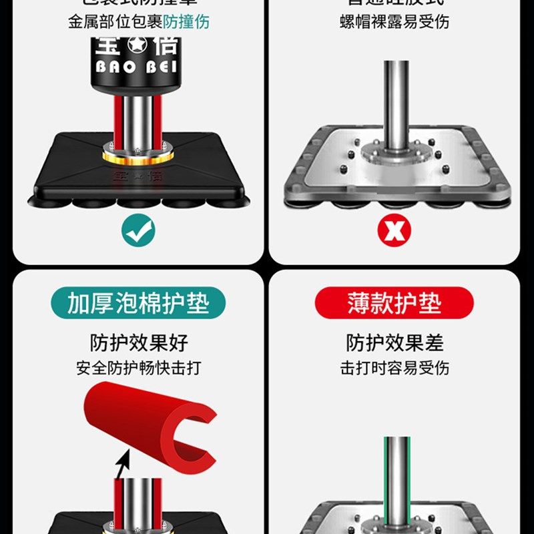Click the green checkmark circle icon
pos(139,231)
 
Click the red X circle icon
pos(394,231)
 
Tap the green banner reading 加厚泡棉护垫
pos(138,304)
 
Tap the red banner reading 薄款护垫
pos(394,304)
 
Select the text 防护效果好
pos(139,343)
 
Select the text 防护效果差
pos(394,343)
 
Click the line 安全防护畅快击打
pos(139,368)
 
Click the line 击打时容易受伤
pos(394,368)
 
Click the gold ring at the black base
pos(138,156)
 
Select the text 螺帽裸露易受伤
pos(394,21)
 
